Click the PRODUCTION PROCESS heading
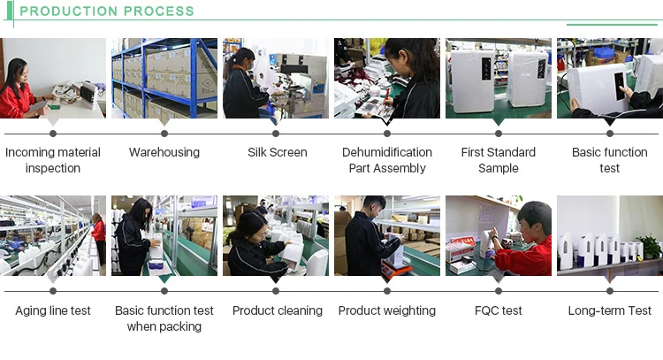pos(107,11)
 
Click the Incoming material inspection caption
pos(53,160)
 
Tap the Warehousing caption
pos(164,152)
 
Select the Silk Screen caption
pos(277,152)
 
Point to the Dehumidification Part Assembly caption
pos(387,160)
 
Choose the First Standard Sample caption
pos(499,160)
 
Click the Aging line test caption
pos(53,310)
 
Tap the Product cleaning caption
pos(277,310)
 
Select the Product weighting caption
pos(387,310)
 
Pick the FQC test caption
pos(499,310)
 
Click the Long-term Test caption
pos(610,310)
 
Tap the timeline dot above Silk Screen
pos(277,133)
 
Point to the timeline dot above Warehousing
pos(164,133)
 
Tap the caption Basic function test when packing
pos(164,318)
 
